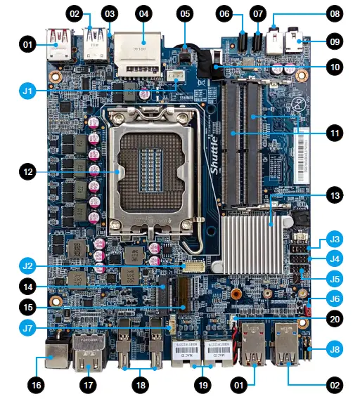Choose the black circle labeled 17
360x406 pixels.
[89, 386]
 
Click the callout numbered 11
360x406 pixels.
[334, 132]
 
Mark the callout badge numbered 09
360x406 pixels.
[334, 42]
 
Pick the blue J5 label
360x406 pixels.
[334, 278]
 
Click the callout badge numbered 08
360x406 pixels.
[334, 13]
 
